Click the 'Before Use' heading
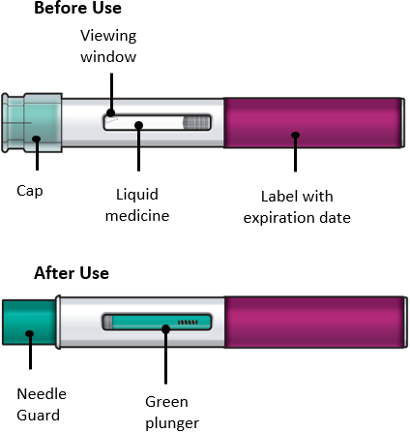pos(77,8)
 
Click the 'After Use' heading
pos(72,273)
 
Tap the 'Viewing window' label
pos(108,46)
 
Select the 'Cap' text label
pos(30,191)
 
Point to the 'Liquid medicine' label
pos(137,205)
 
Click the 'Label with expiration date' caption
pos(297,207)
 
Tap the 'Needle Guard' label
pos(42,404)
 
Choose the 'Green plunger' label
pos(172,413)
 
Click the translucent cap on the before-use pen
pos(32,123)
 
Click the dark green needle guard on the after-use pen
pos(29,323)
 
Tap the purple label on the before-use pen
pos(314,123)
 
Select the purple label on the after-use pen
pos(314,322)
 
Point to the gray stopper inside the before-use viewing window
pos(196,123)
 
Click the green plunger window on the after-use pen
pos(157,322)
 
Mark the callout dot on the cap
pos(37,139)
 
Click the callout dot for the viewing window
pos(111,112)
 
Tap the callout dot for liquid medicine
pos(139,125)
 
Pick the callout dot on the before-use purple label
pos(295,135)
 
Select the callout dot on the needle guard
pos(30,334)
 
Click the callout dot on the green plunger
pos(165,329)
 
